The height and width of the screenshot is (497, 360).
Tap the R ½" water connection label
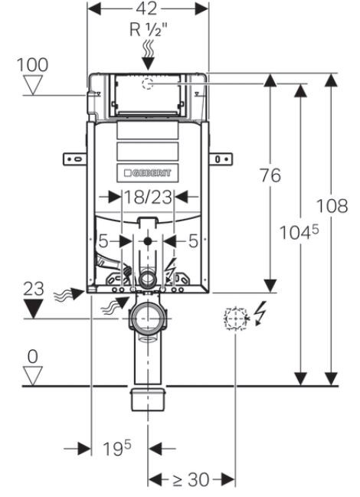149,30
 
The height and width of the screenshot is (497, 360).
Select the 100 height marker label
32,64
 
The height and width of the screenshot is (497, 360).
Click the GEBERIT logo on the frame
148,173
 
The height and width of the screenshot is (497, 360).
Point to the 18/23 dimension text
148,197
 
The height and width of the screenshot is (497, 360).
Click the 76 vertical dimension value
270,175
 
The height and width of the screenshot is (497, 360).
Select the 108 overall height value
332,205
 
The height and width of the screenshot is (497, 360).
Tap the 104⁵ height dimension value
299,232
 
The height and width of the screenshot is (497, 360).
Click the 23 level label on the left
34,289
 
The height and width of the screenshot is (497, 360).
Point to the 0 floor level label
33,357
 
